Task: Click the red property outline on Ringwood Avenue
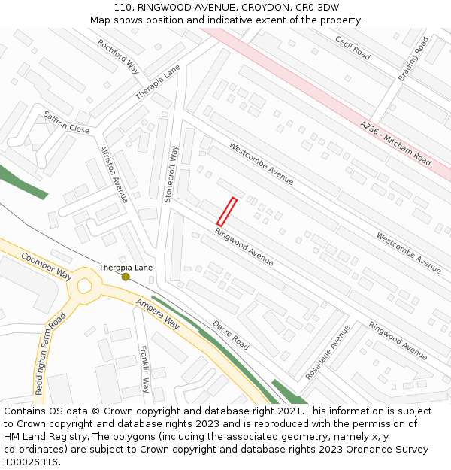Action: click(227, 211)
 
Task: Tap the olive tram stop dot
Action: click(126, 277)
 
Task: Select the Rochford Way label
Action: click(119, 56)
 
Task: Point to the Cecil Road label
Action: click(353, 48)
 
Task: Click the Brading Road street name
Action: click(413, 59)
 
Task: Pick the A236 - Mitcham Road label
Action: click(395, 144)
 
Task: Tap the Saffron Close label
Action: click(66, 122)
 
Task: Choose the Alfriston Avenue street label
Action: click(114, 174)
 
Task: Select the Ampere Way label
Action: click(158, 314)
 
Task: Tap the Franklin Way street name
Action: click(145, 368)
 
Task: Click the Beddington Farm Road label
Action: click(51, 354)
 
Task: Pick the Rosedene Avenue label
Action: click(328, 352)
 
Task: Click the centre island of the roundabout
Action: click(84, 286)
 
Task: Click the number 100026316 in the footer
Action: click(31, 462)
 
